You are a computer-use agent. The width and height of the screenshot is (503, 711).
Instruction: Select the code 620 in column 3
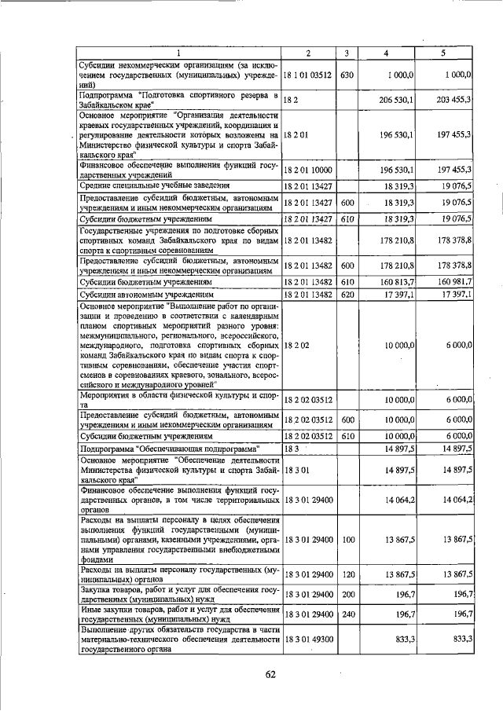347,294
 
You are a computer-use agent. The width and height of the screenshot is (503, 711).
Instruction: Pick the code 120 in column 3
347,574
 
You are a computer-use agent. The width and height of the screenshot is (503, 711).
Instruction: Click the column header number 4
386,53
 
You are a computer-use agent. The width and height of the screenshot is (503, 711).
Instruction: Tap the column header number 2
307,53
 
